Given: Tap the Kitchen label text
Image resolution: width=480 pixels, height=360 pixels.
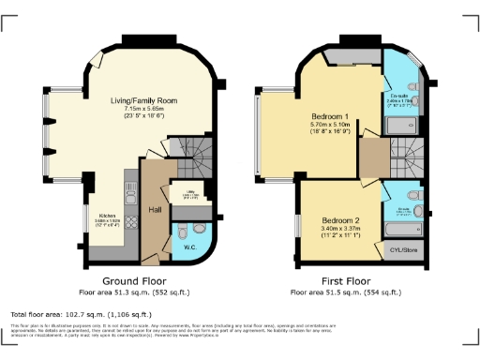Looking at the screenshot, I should (x=108, y=215).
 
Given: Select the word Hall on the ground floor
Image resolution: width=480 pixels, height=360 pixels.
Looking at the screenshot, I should (x=154, y=210).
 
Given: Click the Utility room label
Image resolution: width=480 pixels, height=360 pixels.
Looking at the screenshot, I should (x=188, y=191).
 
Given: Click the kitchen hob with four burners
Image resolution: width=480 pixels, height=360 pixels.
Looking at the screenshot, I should (x=131, y=195).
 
